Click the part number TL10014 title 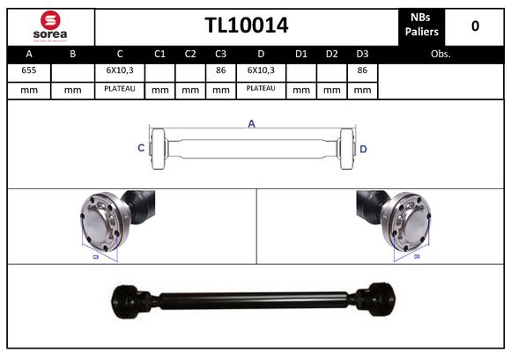[x=247, y=26]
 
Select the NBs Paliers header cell [x=419, y=26]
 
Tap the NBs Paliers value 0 [x=475, y=26]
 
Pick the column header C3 [x=220, y=54]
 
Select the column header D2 [x=331, y=54]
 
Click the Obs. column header [x=441, y=54]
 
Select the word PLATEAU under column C [x=119, y=89]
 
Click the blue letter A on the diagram [x=251, y=124]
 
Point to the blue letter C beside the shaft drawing [x=141, y=148]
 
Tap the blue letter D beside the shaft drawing [x=363, y=149]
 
